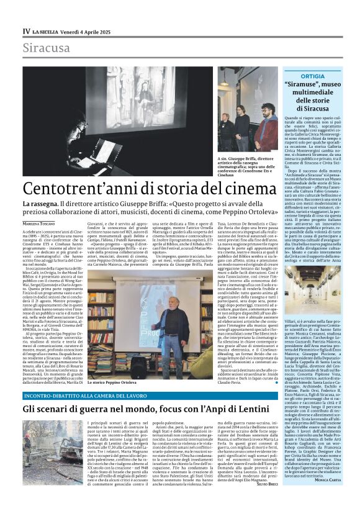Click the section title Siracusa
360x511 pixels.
[46, 48]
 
